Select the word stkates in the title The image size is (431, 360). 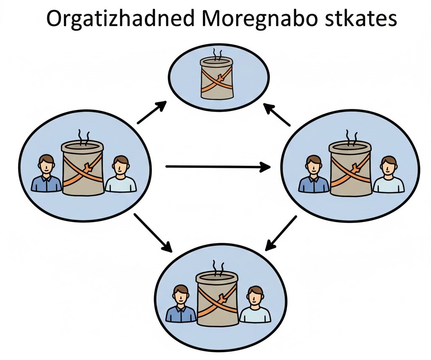click(361, 19)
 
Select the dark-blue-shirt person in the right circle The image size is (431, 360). click(314, 174)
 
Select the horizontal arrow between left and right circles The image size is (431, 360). click(218, 167)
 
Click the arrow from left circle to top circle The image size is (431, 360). click(152, 112)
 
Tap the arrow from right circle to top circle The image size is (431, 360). click(277, 114)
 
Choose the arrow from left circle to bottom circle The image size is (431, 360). click(153, 233)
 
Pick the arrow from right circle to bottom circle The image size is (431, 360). click(281, 233)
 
